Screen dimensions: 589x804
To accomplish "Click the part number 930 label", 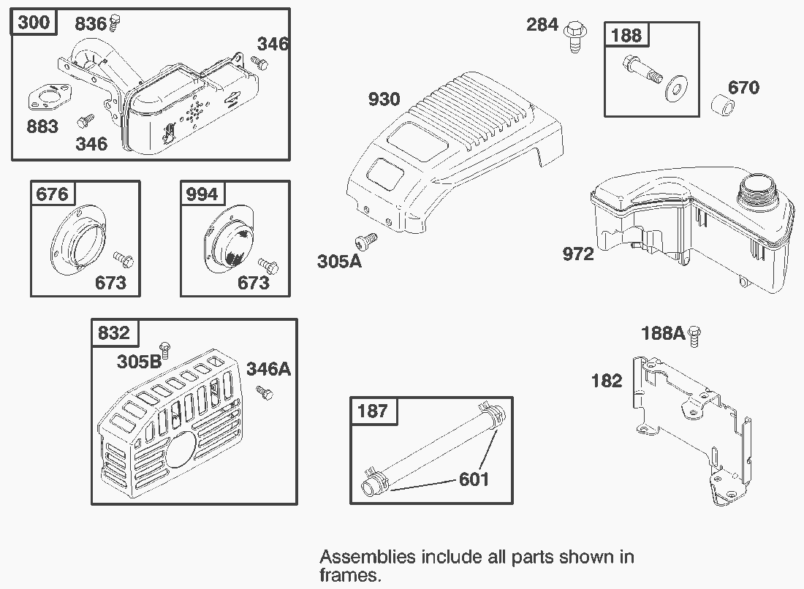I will pos(384,99).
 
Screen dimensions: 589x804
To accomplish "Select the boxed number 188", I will pos(626,35).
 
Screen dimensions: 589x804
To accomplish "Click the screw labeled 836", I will pos(115,24).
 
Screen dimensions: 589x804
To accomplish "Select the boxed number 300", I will pos(34,23).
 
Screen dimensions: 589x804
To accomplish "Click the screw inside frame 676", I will pos(122,259).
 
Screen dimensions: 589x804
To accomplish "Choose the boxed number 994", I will pos(202,194).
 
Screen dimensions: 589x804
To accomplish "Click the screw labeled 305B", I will pos(165,351).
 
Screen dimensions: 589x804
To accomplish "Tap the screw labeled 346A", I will pos(264,393).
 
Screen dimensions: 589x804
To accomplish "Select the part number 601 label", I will pos(474,479).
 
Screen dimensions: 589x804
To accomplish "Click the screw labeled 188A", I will pos(695,335).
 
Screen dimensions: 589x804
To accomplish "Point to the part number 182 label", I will pos(607,381).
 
